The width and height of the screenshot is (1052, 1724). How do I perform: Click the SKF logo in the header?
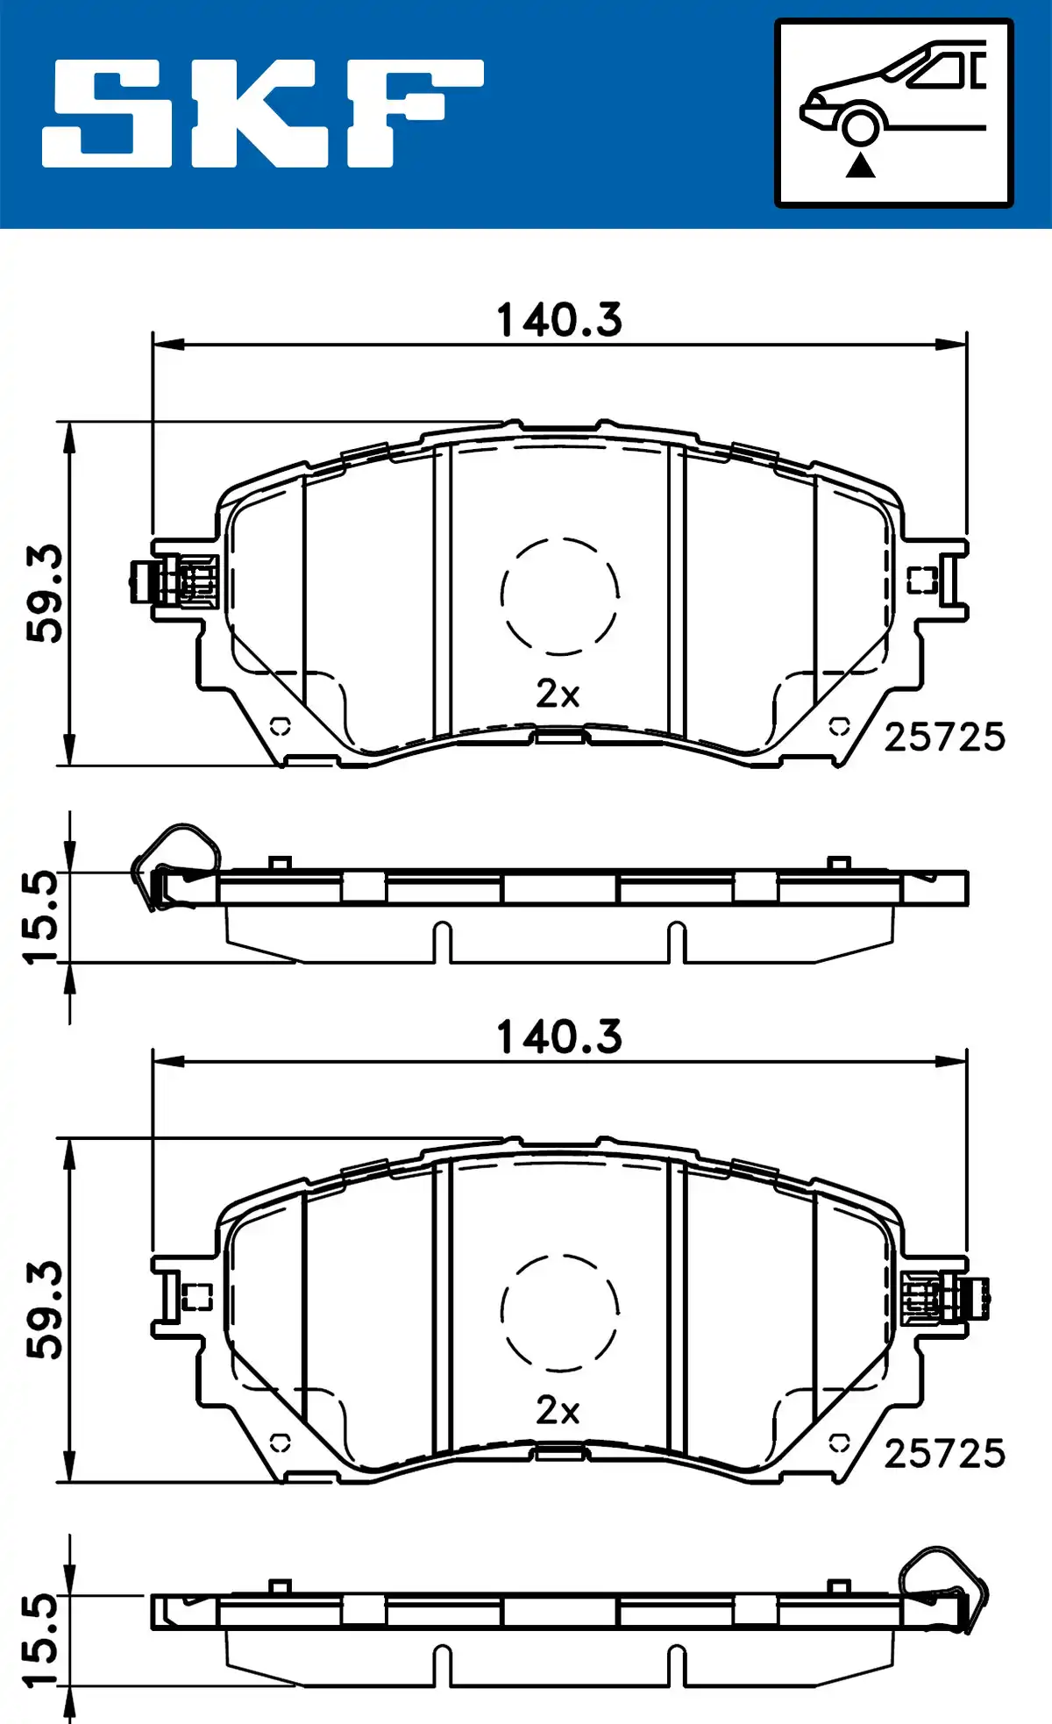click(263, 113)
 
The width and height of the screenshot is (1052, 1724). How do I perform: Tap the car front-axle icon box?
click(893, 113)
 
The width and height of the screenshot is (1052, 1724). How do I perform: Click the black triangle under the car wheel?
click(860, 164)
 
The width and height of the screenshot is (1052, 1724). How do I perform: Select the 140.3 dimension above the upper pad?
click(559, 320)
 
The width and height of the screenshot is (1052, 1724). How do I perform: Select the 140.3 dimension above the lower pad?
click(559, 1037)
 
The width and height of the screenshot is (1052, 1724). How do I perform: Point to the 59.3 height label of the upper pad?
click(45, 594)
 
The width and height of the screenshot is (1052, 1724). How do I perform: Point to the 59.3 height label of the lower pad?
click(45, 1310)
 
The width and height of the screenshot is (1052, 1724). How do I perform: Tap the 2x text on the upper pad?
click(558, 695)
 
